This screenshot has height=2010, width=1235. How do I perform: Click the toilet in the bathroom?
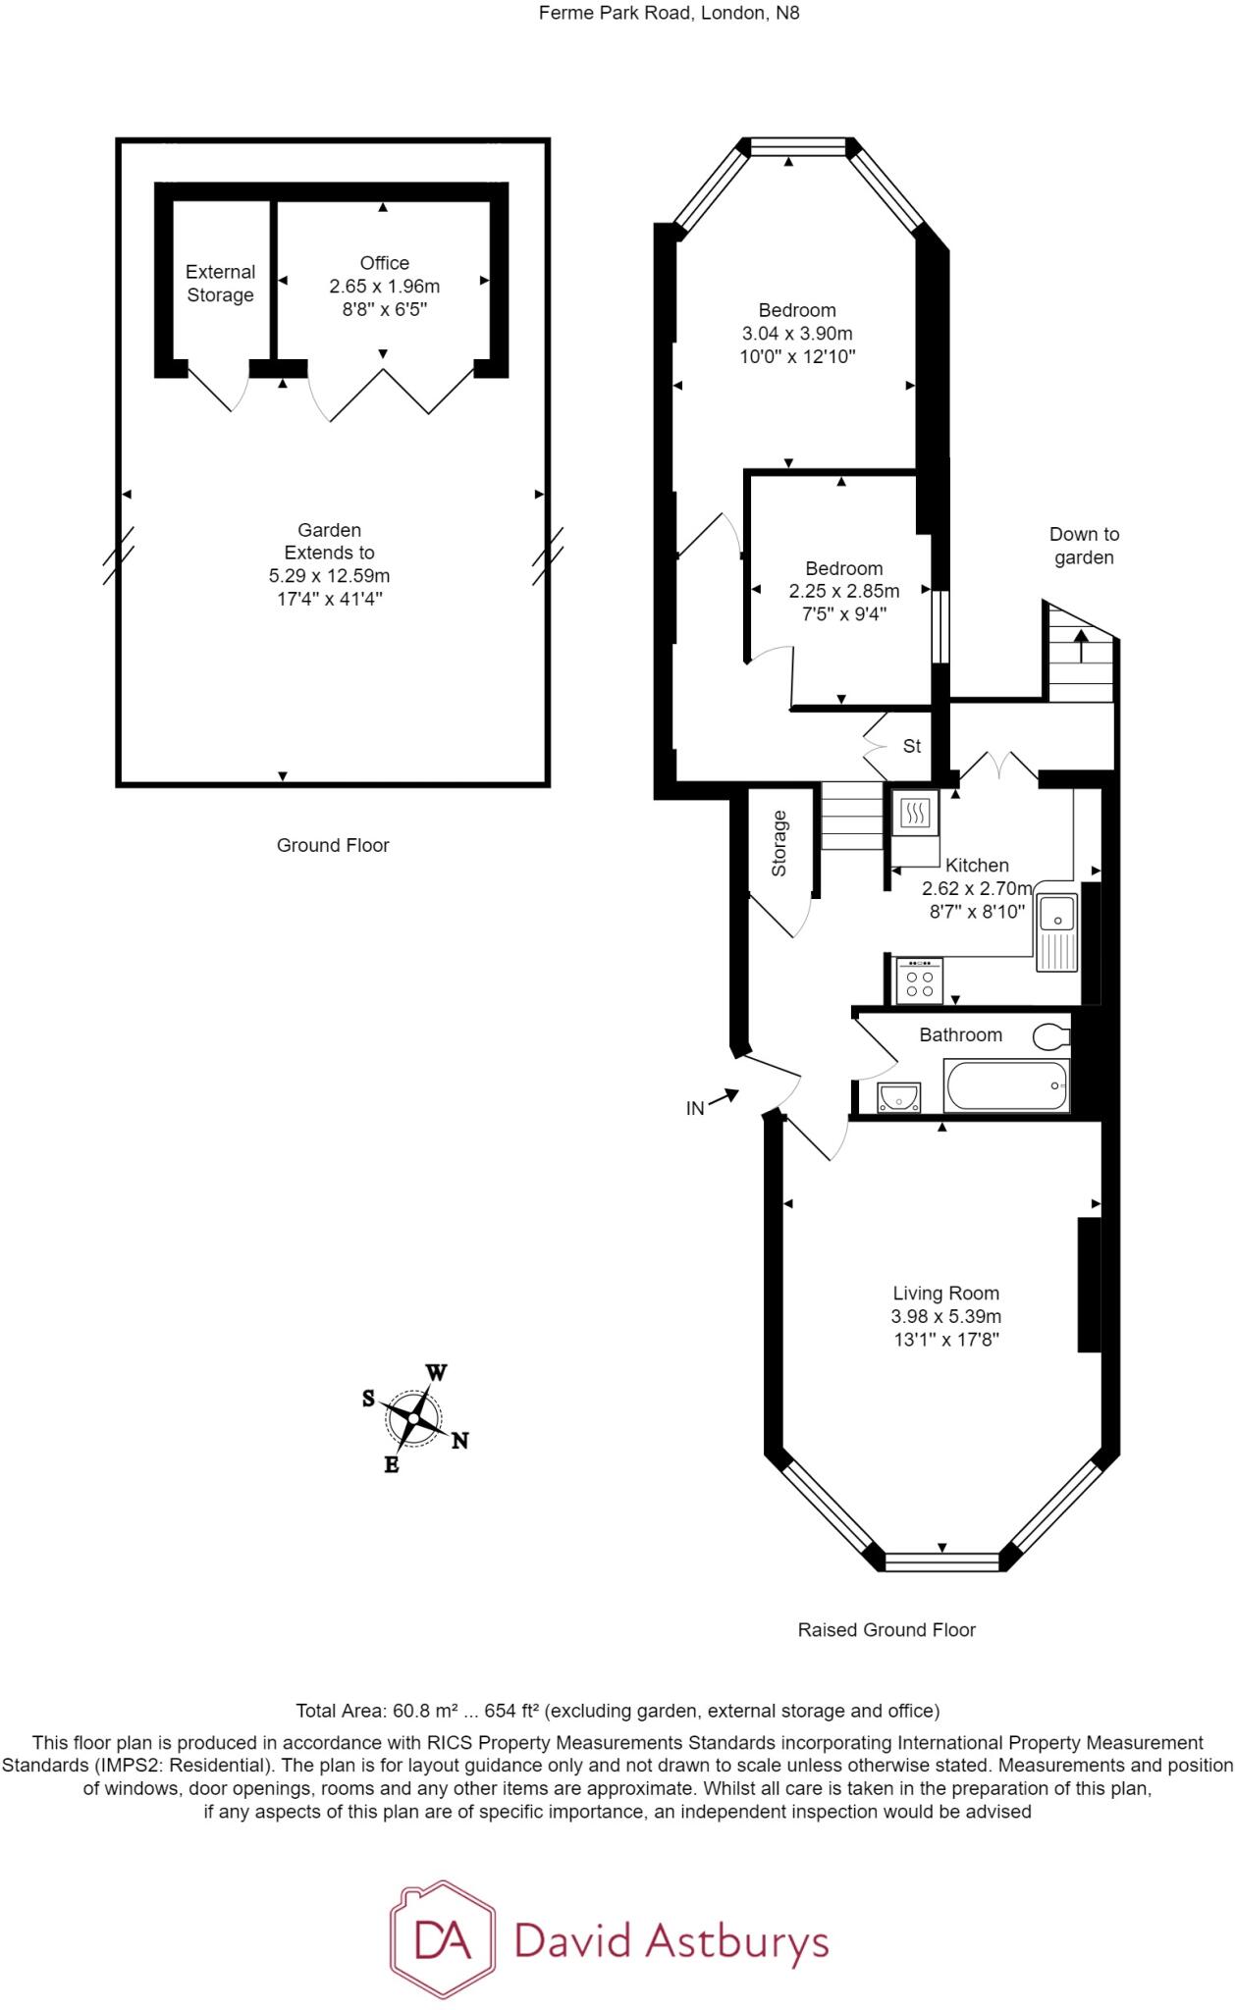coord(1051,1035)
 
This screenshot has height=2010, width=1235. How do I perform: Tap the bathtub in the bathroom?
coord(1006,1085)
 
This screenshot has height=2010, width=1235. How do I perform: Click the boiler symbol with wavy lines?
coord(915,813)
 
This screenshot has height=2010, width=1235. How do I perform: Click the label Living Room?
coord(945,1294)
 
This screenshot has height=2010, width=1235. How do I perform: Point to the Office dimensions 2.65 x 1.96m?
coord(384,287)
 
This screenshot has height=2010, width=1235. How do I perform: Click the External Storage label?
coord(220,284)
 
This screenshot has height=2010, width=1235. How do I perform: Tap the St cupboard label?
coord(912,746)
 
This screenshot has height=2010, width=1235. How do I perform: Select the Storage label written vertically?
coord(779,843)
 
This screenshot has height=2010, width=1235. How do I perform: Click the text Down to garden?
coord(1084,546)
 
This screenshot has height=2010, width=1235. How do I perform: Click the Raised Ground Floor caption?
coord(886,1630)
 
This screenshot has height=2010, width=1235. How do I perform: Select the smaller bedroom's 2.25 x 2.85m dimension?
coord(843,591)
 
